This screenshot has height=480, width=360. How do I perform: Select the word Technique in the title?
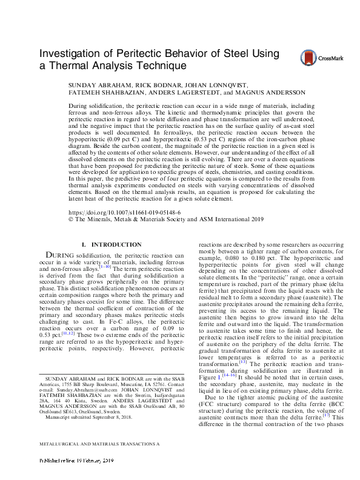[156, 65]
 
